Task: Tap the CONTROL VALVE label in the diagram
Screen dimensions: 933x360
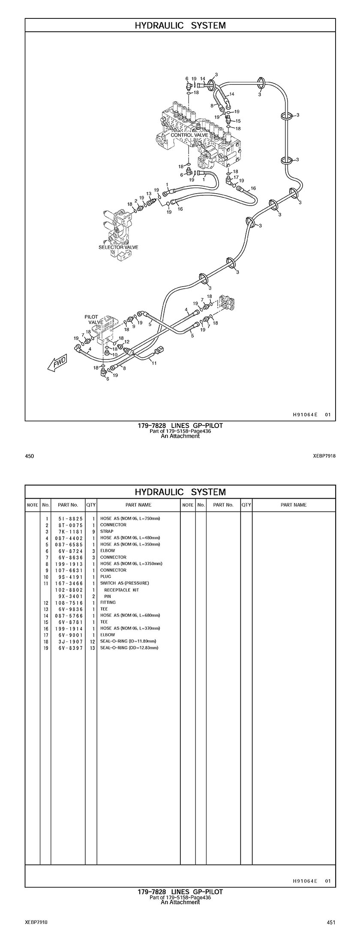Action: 189,135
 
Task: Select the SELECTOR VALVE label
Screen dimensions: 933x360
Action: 118,247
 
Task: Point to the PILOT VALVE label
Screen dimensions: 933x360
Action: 93,319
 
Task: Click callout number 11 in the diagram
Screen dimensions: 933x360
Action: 154,363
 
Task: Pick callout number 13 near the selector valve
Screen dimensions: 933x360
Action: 149,194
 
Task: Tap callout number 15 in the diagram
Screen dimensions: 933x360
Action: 238,121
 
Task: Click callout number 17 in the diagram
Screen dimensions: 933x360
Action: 236,177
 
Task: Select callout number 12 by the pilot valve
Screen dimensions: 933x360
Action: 126,341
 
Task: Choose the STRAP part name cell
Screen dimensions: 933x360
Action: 107,531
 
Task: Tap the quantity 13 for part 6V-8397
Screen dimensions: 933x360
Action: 92,648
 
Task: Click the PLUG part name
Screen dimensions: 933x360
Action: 105,577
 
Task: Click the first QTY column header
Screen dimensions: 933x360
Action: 91,505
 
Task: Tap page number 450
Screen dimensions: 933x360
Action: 30,456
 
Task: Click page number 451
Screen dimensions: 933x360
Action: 330,921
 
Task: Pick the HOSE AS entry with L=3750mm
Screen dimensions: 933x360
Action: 131,564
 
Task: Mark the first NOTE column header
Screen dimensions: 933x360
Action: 33,505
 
